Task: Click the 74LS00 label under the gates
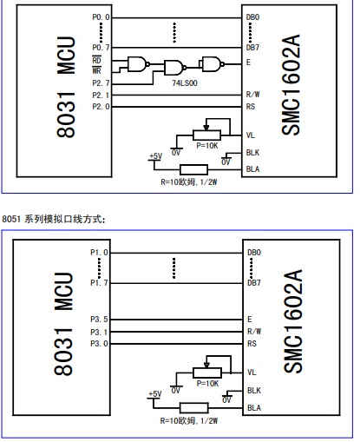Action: (185, 83)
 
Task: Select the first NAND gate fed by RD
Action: (139, 64)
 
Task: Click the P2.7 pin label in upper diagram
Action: (101, 83)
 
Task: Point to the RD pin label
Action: (96, 60)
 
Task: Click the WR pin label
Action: (96, 70)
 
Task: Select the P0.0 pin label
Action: (101, 17)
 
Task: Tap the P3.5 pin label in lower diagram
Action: (99, 320)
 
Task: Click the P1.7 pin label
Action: (99, 282)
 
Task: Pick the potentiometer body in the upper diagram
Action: (206, 135)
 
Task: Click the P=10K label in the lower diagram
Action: (207, 384)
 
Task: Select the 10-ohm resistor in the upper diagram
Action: (193, 169)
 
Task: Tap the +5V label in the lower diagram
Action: (155, 394)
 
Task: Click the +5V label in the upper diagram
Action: (155, 156)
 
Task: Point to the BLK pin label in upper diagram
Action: (252, 153)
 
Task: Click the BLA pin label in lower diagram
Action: (254, 408)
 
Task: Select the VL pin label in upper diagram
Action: (251, 135)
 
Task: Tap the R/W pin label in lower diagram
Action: (254, 332)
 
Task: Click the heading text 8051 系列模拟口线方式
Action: (54, 219)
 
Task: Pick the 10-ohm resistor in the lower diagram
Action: (193, 408)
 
